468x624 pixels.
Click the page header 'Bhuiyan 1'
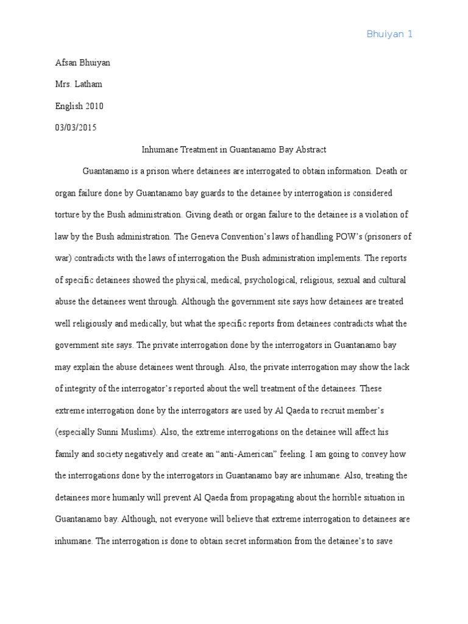(389, 34)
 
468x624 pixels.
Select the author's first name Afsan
(66, 63)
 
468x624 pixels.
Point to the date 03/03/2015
(76, 128)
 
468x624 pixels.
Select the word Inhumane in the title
(158, 149)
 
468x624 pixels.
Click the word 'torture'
(69, 214)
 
